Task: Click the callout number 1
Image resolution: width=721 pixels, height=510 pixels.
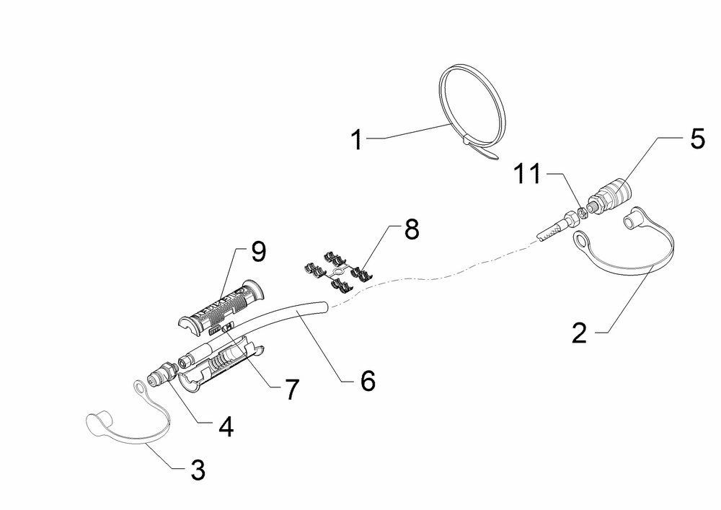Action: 357,139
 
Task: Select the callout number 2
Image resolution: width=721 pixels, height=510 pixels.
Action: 580,333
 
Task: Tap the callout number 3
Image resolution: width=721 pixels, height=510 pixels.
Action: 198,470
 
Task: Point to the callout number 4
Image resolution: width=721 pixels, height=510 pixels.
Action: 226,426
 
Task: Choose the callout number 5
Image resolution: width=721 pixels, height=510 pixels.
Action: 697,139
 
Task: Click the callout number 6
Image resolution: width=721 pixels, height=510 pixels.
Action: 368,381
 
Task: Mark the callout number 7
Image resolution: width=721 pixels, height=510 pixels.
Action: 291,390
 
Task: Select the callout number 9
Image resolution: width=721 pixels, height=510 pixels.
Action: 258,252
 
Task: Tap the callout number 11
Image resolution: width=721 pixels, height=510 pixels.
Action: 528,174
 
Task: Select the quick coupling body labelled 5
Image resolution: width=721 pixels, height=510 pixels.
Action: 610,197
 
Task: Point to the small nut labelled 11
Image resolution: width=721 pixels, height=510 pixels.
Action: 581,212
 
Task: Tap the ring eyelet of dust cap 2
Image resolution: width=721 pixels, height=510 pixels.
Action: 582,239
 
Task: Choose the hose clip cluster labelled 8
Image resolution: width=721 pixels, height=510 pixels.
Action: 339,272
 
